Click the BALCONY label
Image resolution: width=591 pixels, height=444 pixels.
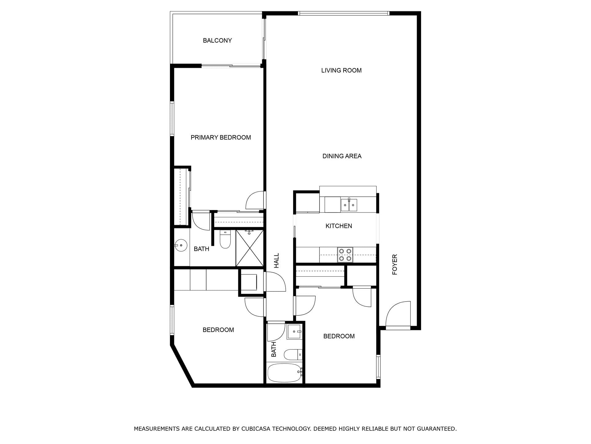coord(217,40)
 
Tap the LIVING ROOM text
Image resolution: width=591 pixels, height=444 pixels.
coord(341,70)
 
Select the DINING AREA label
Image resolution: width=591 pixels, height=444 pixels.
coord(342,156)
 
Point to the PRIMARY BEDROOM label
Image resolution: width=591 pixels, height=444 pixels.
coord(221,138)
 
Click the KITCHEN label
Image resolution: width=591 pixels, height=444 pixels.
coord(339,226)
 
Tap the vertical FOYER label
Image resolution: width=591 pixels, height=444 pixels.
coord(395,265)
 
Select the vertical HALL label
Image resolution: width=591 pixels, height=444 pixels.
coord(276,261)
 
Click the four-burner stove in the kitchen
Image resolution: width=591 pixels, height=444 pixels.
coord(345,255)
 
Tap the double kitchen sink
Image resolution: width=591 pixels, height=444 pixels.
coord(349,205)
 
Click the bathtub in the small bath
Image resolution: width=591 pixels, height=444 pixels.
coord(284,373)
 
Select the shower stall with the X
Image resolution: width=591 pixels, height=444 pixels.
coord(250,248)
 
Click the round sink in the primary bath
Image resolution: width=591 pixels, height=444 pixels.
coord(181,245)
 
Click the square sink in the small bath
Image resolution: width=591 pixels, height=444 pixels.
coord(294,332)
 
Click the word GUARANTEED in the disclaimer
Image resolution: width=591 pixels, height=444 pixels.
coord(437,429)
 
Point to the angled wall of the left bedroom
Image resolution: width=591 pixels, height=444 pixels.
coord(182,365)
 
